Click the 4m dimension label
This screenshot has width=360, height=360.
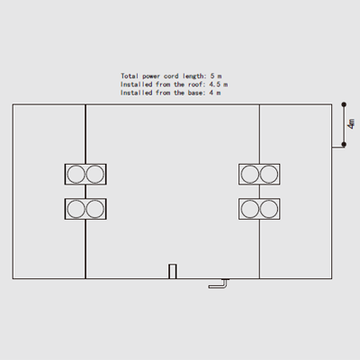pos(351,124)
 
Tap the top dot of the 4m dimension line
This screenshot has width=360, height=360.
pos(344,104)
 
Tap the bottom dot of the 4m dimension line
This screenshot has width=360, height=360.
pos(344,145)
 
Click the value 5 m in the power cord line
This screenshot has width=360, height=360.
pos(216,76)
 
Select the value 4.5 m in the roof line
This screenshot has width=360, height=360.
pos(219,85)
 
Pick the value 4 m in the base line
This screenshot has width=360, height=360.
pos(215,93)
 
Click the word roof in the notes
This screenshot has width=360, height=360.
pos(195,85)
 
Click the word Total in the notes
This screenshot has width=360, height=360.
pos(130,76)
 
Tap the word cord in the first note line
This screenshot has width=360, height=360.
pos(171,76)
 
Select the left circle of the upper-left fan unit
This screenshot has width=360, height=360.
pos(76,175)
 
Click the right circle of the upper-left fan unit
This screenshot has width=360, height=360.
pos(95,175)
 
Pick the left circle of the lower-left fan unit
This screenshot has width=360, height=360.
pos(76,209)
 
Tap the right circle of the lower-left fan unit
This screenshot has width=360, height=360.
pos(95,209)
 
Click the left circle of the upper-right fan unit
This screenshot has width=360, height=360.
pos(250,175)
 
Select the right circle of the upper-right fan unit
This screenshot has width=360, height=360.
pos(269,175)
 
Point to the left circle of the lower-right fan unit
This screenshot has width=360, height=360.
pos(250,209)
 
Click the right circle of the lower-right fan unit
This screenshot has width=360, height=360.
pos(269,209)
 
